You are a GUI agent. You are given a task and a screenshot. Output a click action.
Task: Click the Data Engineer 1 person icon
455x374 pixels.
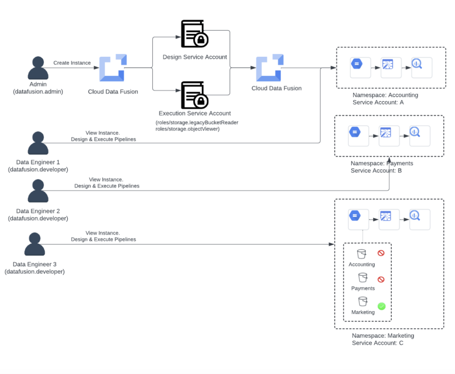38,143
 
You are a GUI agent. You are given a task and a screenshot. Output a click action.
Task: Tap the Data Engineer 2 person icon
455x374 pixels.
38,191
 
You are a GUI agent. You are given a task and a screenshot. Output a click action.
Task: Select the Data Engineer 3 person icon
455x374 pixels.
35,244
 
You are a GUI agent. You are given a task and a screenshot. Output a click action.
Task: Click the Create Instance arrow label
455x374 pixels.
72,63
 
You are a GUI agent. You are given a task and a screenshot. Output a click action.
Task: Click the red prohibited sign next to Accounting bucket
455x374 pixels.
381,253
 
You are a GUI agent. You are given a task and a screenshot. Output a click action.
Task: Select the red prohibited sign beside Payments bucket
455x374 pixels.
381,279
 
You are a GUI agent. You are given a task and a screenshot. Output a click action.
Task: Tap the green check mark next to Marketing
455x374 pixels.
381,306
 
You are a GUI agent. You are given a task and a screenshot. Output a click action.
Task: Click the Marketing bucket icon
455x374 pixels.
363,302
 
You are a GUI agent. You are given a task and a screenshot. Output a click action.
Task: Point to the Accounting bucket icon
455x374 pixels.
362,254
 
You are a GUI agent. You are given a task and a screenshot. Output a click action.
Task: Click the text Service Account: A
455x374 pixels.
378,102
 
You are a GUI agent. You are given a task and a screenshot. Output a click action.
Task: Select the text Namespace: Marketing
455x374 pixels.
383,336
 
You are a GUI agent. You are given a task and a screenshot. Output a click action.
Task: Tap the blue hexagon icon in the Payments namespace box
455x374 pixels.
355,131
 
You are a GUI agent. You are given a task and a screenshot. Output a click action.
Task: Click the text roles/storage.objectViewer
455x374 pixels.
188,129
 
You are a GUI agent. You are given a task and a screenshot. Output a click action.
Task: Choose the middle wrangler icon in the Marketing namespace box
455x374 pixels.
386,216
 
